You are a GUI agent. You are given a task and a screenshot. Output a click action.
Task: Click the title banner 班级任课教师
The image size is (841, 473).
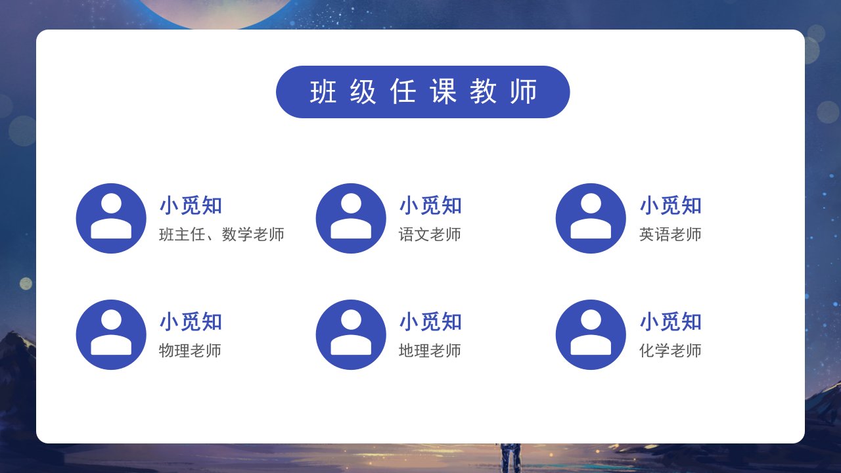tap(422, 92)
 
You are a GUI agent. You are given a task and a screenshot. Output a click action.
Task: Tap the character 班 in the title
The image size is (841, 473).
tap(323, 91)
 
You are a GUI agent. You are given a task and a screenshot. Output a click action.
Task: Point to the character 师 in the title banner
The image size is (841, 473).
tap(524, 91)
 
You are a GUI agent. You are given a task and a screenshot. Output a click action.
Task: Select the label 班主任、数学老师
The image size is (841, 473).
tap(221, 235)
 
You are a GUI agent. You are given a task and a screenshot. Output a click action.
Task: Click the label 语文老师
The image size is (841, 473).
tap(430, 235)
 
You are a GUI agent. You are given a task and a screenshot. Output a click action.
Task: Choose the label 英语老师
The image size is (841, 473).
tap(670, 235)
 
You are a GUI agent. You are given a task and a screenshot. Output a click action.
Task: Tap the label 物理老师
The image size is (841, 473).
tap(190, 351)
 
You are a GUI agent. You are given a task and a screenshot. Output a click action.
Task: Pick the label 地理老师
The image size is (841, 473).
tap(430, 351)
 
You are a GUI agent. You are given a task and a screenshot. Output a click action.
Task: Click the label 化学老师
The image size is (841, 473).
tap(670, 351)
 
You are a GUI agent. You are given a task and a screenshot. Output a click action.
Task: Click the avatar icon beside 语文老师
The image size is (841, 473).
tap(351, 218)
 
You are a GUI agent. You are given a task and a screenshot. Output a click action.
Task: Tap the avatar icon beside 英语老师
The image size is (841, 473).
tap(591, 218)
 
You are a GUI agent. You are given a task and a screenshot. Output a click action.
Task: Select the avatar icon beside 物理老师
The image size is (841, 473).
tap(111, 334)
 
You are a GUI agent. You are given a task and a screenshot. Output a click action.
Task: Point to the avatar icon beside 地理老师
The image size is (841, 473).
tap(351, 334)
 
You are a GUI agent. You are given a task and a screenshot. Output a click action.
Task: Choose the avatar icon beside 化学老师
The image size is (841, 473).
tap(591, 334)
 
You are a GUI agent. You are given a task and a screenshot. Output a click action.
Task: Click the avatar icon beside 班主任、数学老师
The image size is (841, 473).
tap(111, 218)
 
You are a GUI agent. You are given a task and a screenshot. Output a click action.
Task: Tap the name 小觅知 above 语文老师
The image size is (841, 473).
tap(430, 206)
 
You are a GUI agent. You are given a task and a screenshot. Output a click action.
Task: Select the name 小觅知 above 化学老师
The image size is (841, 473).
tap(671, 322)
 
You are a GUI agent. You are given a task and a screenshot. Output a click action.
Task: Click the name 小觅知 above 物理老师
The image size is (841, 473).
tap(191, 322)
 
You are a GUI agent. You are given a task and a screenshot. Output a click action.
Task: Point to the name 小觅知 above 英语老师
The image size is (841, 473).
tap(671, 206)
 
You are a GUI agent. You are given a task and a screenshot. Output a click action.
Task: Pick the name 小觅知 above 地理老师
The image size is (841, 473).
tap(430, 322)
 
